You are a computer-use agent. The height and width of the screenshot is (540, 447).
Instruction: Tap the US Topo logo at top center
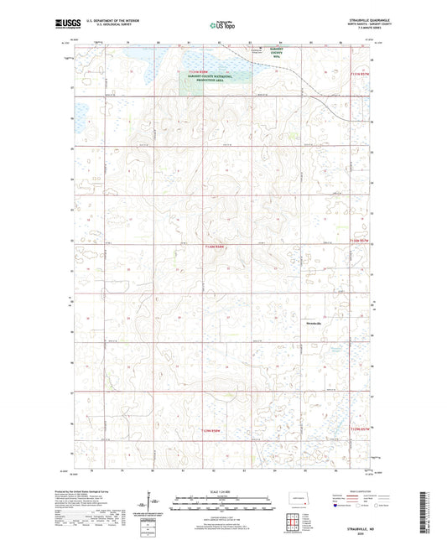click(223, 26)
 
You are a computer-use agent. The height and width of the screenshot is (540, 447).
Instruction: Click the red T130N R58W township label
click(216, 246)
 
